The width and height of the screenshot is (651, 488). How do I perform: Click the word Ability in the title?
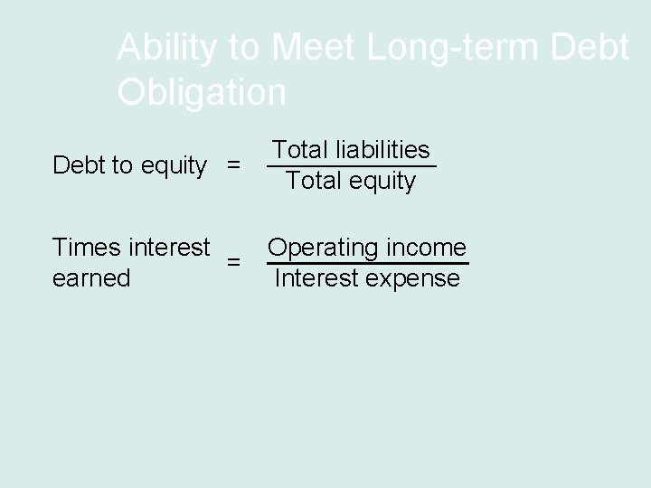tap(161, 49)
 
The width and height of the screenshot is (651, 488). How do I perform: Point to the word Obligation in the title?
tap(202, 91)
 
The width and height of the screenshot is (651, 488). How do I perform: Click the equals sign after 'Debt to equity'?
tap(234, 166)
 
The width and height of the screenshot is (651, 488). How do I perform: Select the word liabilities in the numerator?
tap(384, 149)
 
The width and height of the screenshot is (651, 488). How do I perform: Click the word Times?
tap(89, 247)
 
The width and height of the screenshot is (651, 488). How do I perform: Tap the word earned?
tap(91, 278)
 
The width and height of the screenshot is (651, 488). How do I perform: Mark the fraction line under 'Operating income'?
tap(367, 263)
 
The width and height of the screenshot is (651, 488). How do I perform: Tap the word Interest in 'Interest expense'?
tap(315, 278)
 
